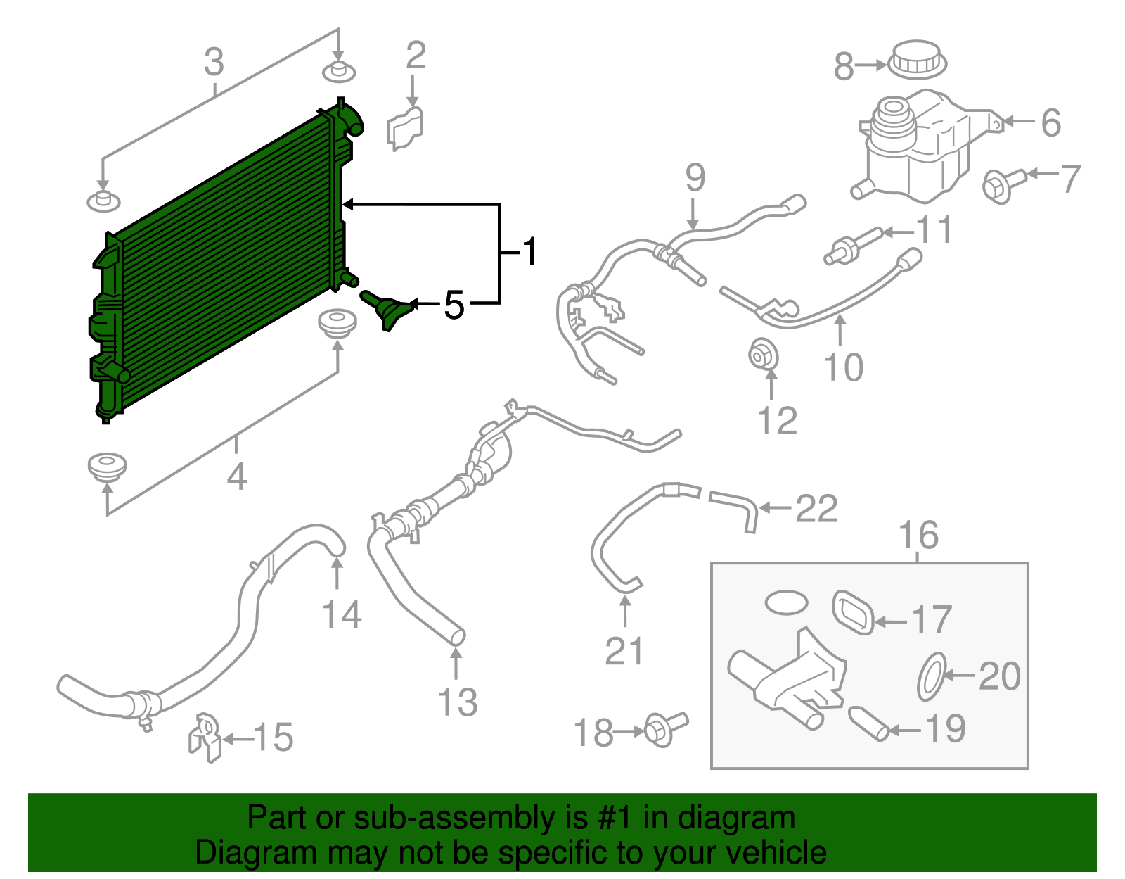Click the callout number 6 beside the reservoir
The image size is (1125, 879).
pyautogui.click(x=1050, y=122)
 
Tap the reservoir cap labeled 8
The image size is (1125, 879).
pyautogui.click(x=917, y=60)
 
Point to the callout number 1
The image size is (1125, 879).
pyautogui.click(x=529, y=251)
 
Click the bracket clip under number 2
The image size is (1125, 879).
pyautogui.click(x=405, y=129)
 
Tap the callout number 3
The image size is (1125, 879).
pyautogui.click(x=214, y=62)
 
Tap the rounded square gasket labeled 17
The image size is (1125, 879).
pyautogui.click(x=853, y=611)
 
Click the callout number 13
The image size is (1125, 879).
pyautogui.click(x=458, y=702)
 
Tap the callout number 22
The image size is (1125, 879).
pyautogui.click(x=816, y=508)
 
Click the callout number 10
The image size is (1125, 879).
pyautogui.click(x=843, y=367)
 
